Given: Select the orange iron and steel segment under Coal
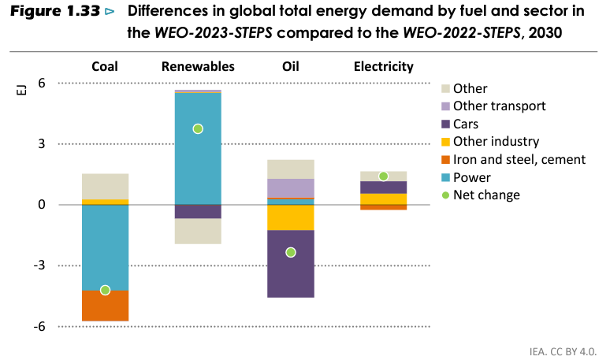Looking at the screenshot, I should point(105,306).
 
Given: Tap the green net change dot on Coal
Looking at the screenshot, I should point(105,290).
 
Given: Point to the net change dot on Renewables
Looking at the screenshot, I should point(198,128).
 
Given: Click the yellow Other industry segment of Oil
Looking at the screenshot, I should point(290,217).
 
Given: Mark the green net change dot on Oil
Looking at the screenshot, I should point(290,252).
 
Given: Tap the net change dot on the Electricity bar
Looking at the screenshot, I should point(383,176).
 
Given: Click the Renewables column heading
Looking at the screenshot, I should point(198,67).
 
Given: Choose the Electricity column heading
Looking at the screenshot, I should point(383,67).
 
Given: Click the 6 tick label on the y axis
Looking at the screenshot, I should point(41,84).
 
